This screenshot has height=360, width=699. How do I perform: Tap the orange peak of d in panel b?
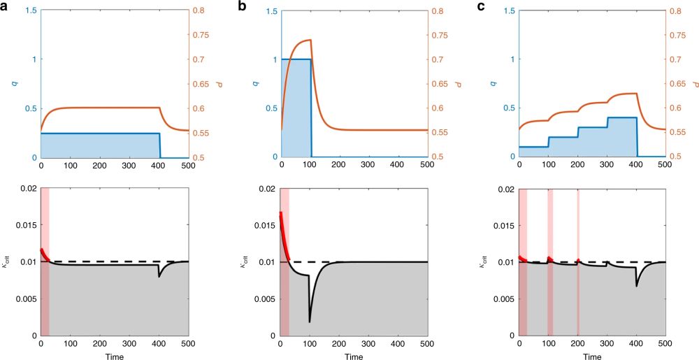310,41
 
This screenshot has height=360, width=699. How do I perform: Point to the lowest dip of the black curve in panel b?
310,322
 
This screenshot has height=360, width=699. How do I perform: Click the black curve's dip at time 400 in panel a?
159,277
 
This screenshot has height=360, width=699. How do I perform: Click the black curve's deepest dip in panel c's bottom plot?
636,286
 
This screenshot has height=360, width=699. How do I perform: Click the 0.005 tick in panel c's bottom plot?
501,299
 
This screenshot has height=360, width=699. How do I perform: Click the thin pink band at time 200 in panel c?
578,262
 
